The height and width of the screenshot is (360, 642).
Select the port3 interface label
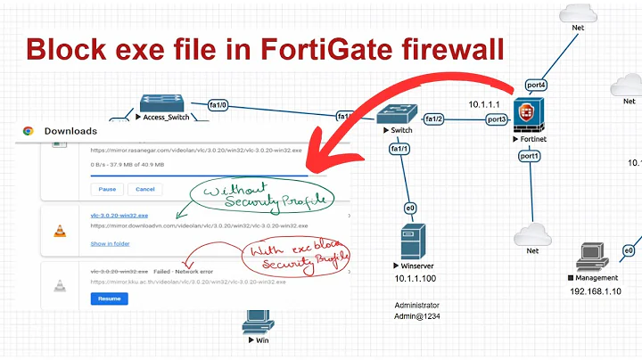[x=496, y=119]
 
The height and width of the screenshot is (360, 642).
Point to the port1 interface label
[x=529, y=156]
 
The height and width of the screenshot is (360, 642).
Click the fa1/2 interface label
[x=433, y=119]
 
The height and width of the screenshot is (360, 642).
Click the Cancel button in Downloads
[x=144, y=189]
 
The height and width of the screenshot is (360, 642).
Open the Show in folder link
[x=111, y=243]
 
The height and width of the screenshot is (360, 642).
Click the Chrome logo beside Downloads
[x=29, y=131]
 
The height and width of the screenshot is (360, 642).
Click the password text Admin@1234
[x=417, y=316]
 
